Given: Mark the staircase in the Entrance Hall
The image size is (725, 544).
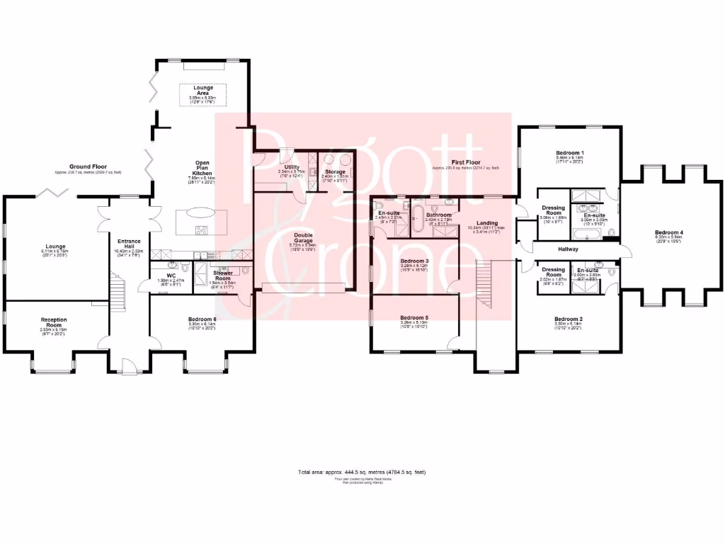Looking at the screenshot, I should click(x=118, y=291).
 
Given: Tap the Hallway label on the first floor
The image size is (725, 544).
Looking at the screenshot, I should click(x=568, y=249).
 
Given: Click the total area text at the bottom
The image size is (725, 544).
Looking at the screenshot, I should click(x=362, y=472).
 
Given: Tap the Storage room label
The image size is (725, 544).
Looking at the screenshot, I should click(x=335, y=172).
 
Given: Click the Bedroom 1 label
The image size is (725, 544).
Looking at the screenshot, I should click(x=569, y=153).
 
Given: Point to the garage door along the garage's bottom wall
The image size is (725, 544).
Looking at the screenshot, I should click(x=303, y=287).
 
